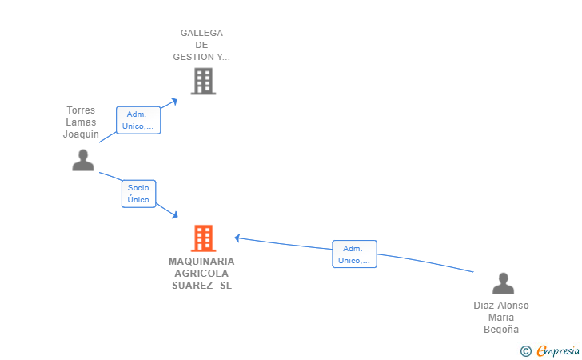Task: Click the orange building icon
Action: pos(203,238)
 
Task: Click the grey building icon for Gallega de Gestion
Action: pos(203,81)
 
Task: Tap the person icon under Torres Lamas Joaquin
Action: pos(83,160)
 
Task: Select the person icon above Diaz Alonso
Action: pos(504,283)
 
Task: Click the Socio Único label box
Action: pos(139,194)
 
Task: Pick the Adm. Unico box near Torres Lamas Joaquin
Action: pos(138,120)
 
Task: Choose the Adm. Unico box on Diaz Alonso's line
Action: pos(354,254)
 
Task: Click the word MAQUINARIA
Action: pos(201,262)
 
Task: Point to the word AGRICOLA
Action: pos(201,274)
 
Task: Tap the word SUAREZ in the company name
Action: pos(192,286)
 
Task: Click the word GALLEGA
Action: pos(201,33)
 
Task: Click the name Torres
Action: pos(81,110)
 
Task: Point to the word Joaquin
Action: pos(81,134)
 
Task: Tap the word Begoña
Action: pos(501,329)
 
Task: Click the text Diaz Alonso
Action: pos(501,306)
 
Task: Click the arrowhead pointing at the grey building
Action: pos(173,101)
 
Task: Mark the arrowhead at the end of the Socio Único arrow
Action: pos(174,214)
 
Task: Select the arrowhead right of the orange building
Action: pos(238,238)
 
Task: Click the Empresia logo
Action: pos(550,351)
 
